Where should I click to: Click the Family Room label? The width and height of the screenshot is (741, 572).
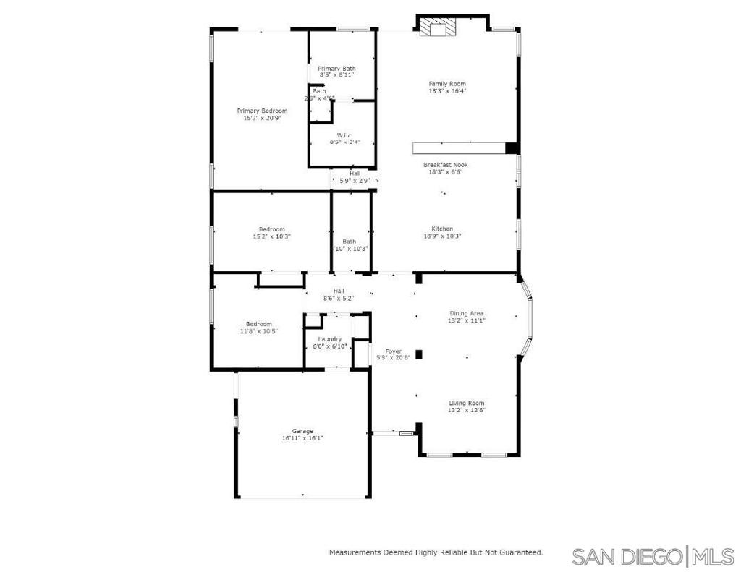(x=446, y=84)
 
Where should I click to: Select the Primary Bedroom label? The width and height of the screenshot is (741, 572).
(x=262, y=111)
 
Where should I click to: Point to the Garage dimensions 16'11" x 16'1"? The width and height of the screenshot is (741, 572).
(x=302, y=438)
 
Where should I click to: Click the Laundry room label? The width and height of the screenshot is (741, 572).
(x=329, y=338)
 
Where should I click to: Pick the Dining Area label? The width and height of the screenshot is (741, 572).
(x=467, y=313)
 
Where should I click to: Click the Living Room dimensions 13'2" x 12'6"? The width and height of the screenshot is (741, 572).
(x=466, y=410)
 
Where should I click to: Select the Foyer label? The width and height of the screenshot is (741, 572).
(x=393, y=351)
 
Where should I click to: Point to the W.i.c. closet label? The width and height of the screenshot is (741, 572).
(x=344, y=135)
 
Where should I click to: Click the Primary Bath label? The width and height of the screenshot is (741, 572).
(x=336, y=69)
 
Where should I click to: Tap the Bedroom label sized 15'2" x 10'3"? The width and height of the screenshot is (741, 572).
(x=272, y=229)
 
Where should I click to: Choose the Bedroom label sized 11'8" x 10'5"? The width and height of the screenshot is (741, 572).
(x=258, y=323)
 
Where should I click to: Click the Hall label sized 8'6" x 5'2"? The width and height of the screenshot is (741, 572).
(x=339, y=291)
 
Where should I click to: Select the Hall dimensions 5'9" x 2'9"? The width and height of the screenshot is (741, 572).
(x=355, y=180)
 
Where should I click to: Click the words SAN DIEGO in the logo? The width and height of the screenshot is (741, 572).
(x=626, y=557)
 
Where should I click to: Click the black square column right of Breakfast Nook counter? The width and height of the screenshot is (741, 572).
(x=512, y=148)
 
